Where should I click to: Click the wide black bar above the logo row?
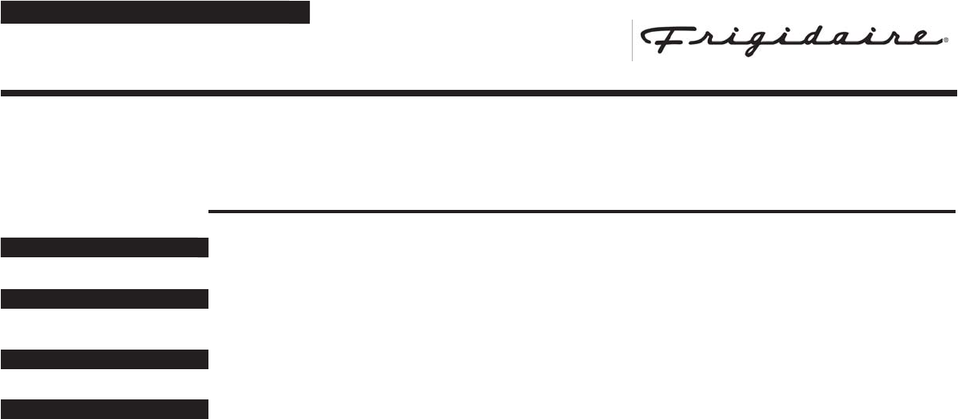[155, 13]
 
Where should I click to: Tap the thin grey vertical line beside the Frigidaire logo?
[632, 40]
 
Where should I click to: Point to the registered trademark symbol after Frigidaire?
[946, 39]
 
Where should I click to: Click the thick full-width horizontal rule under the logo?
[479, 93]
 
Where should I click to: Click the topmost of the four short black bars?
[105, 247]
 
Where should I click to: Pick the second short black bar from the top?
[105, 299]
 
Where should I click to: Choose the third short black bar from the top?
[105, 359]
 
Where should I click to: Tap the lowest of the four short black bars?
[105, 409]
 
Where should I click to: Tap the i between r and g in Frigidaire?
[719, 40]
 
